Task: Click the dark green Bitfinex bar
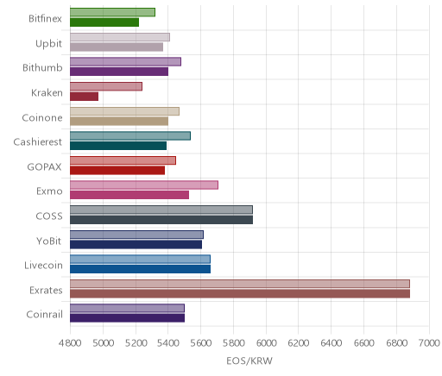104,22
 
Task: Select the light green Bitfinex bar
112,12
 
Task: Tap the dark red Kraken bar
84,97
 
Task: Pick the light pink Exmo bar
144,185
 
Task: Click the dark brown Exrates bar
240,294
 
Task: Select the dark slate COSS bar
161,220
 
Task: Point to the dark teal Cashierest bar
118,146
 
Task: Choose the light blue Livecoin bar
140,259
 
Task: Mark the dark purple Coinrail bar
127,318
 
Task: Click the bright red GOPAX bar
117,171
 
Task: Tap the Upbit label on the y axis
48,44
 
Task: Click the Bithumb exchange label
42,68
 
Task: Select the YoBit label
49,241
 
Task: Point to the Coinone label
42,117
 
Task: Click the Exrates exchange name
46,291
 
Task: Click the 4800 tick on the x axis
70,343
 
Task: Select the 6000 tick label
266,343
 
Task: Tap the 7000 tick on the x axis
429,343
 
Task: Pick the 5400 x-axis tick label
168,343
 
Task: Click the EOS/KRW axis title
249,361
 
